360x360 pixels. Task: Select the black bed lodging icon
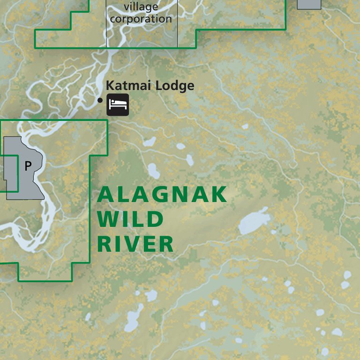click(x=118, y=105)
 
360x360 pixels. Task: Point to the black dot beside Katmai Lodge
click(x=99, y=100)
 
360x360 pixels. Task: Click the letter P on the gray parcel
click(x=28, y=166)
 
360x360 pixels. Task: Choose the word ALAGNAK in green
click(x=162, y=195)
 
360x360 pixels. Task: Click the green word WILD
click(x=131, y=219)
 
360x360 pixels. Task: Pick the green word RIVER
click(x=135, y=244)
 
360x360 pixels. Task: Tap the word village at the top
click(x=141, y=7)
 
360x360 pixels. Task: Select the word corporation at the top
click(x=141, y=19)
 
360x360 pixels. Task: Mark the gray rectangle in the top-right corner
click(x=309, y=4)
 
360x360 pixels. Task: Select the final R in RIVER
click(x=166, y=244)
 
